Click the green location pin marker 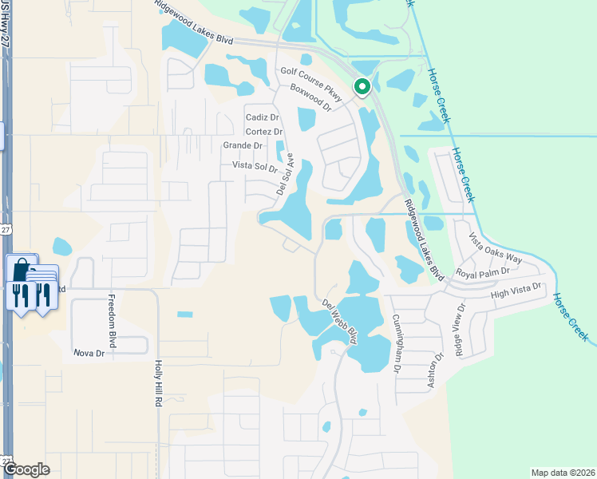(x=362, y=86)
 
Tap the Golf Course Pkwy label (x=311, y=84)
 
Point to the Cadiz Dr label (x=262, y=117)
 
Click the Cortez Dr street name (x=264, y=132)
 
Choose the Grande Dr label (x=243, y=145)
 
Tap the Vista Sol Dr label (x=254, y=166)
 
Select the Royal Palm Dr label (x=483, y=273)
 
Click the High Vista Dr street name (x=516, y=292)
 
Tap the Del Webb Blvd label (x=339, y=321)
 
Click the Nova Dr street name (x=89, y=353)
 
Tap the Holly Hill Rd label (x=158, y=383)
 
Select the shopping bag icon (x=22, y=270)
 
